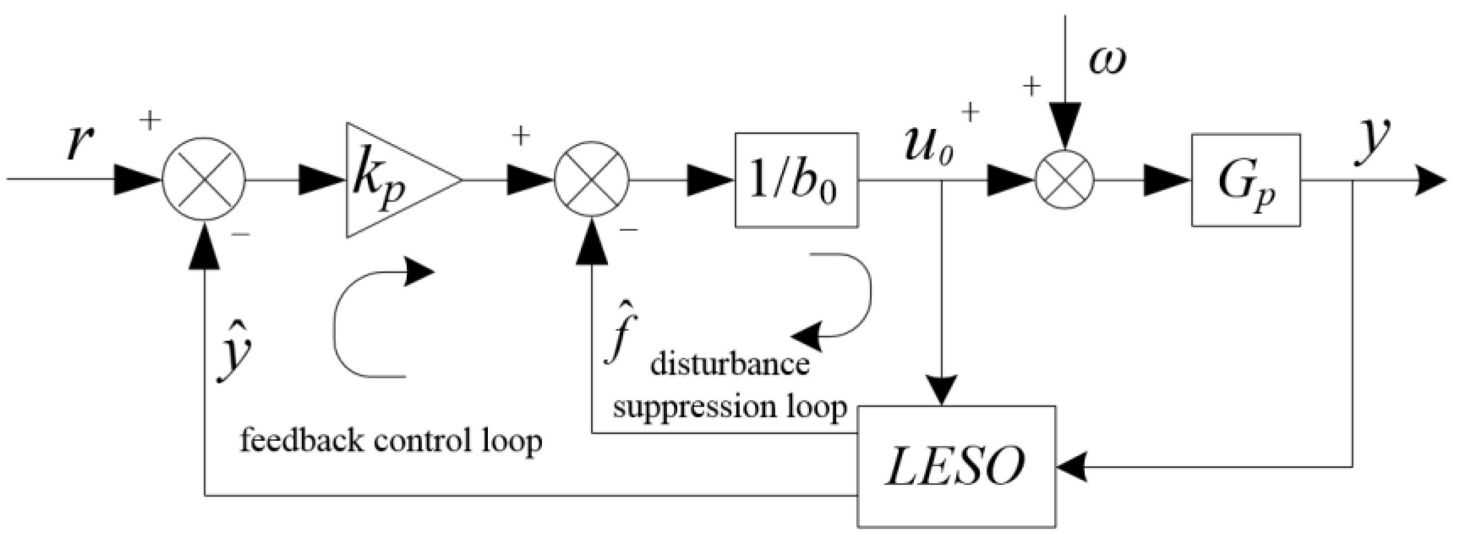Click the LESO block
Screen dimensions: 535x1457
pos(956,465)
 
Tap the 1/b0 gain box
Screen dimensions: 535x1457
pos(796,180)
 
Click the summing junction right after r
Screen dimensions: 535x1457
pos(204,180)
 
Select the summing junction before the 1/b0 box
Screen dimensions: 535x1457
pos(592,180)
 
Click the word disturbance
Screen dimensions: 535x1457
pos(730,365)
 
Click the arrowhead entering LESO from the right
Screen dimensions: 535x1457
pos(1072,467)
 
